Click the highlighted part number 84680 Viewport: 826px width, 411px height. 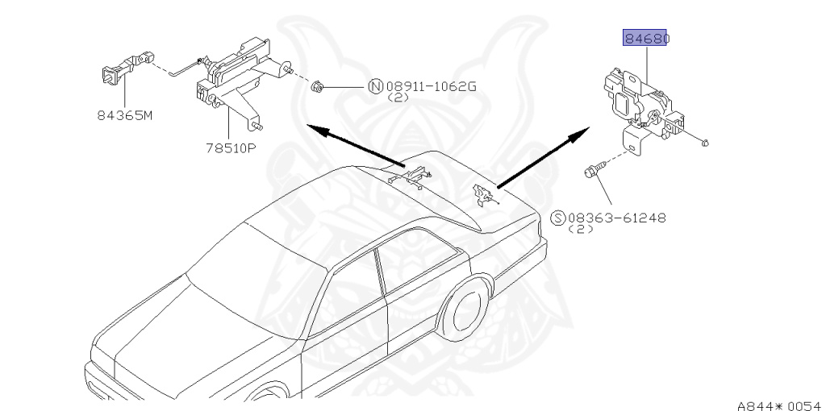pos(646,38)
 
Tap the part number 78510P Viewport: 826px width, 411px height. pos(229,147)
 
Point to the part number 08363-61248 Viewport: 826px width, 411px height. pos(617,218)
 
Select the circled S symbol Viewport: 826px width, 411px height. pos(557,218)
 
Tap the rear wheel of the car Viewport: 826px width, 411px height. pos(466,313)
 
